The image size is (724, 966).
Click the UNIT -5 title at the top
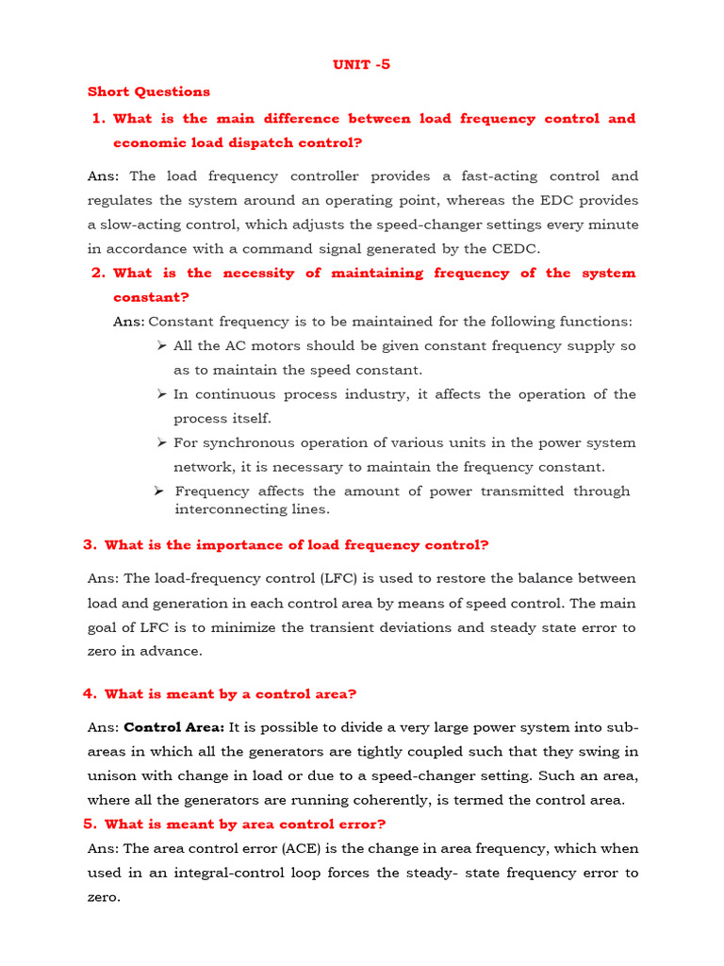(361, 65)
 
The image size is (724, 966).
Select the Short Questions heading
(149, 92)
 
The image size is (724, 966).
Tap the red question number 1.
(97, 119)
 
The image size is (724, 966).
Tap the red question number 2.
(97, 274)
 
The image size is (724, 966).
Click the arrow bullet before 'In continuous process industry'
(162, 394)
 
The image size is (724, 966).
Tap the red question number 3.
(90, 545)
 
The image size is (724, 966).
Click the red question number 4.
(90, 694)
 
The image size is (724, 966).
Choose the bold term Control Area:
(173, 727)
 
